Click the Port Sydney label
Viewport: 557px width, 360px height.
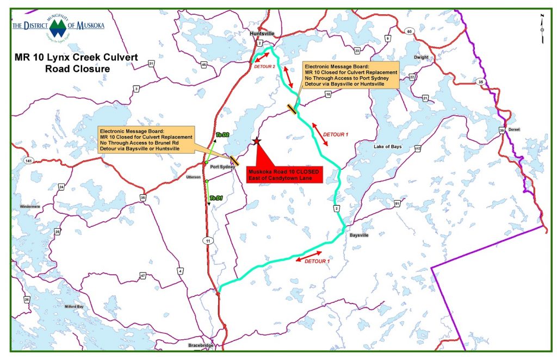[222, 167]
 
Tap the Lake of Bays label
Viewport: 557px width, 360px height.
[387, 147]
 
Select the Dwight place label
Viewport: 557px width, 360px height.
[420, 57]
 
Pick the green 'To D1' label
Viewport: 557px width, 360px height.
[216, 198]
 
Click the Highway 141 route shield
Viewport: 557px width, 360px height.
[28, 160]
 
